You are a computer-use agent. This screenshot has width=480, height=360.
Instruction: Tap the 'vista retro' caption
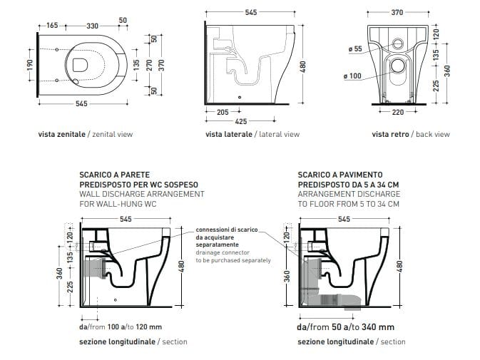(388, 134)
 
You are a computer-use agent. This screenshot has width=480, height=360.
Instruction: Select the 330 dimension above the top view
(93, 26)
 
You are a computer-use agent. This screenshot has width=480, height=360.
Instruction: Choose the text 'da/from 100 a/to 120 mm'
(121, 327)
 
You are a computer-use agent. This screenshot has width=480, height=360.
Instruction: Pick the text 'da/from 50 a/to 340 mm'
(346, 327)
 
